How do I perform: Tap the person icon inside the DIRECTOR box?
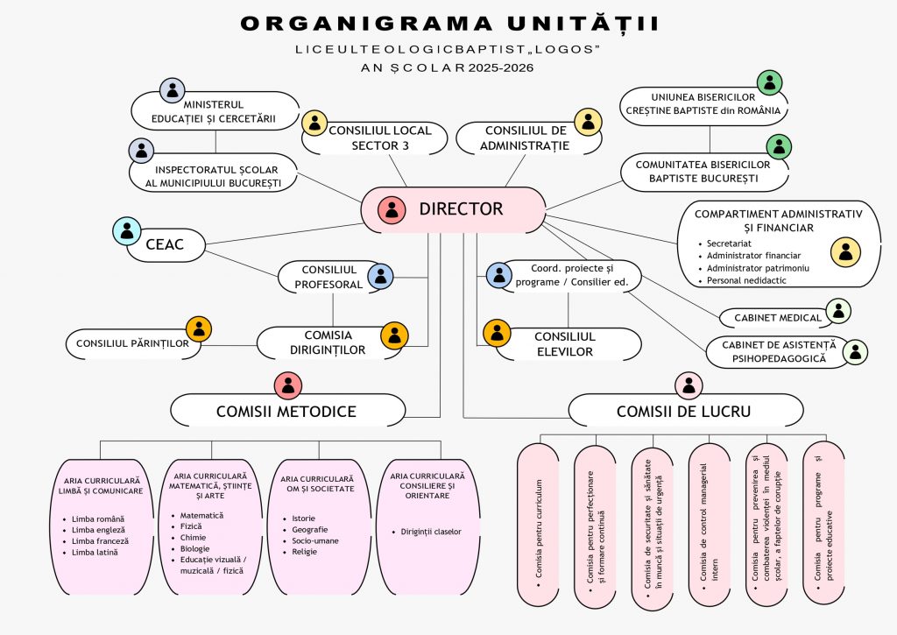click(x=392, y=210)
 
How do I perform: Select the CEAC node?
click(x=168, y=245)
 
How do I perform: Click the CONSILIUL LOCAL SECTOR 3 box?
click(x=380, y=138)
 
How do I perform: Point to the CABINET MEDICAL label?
click(x=771, y=317)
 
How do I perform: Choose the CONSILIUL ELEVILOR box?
click(x=564, y=344)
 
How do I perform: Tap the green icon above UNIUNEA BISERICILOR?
click(x=769, y=83)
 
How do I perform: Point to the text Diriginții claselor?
click(x=431, y=532)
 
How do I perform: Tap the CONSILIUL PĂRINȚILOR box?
click(x=133, y=343)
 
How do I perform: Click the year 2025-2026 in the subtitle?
click(x=500, y=67)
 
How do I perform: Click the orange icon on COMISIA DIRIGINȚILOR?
click(x=395, y=335)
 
